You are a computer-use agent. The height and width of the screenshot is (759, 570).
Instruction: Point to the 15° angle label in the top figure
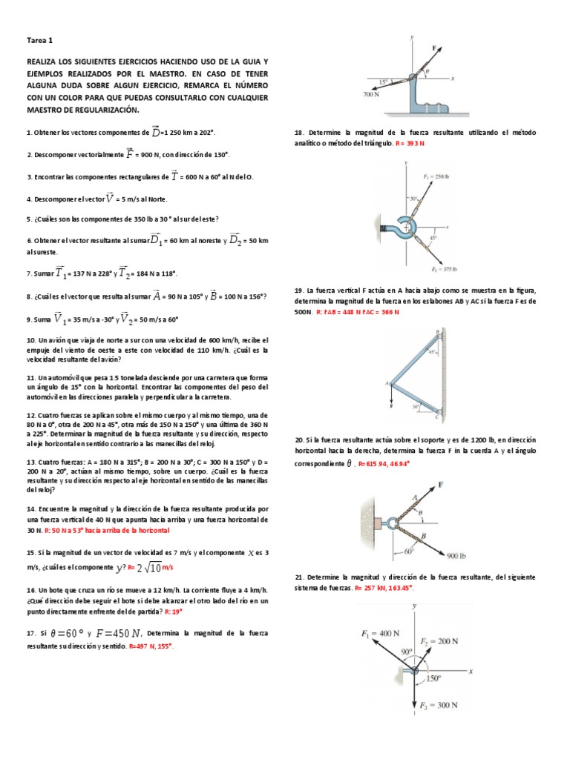click(382, 81)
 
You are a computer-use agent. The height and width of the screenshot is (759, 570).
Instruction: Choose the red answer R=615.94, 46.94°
click(384, 463)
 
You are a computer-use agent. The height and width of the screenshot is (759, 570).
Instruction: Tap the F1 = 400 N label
click(380, 613)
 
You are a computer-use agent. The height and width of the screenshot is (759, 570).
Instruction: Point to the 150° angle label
click(433, 677)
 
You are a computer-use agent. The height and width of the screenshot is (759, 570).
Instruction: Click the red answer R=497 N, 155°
click(151, 646)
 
